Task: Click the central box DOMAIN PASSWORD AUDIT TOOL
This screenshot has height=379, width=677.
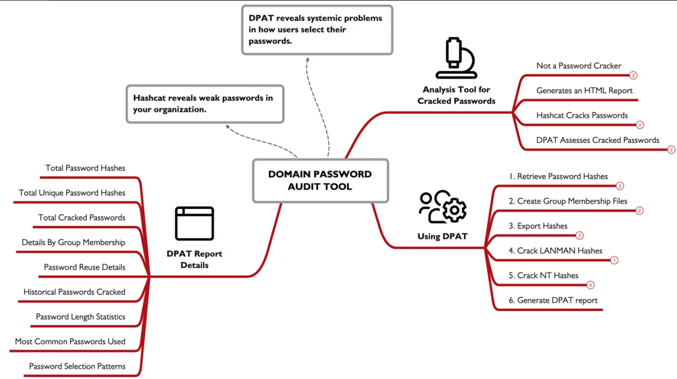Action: coord(321,180)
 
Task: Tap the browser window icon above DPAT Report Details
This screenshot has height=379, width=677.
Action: coord(194,224)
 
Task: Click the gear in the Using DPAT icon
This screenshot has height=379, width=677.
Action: coord(454,210)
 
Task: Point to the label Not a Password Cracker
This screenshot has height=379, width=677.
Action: coord(579,65)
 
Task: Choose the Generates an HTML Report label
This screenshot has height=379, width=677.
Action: coord(584,90)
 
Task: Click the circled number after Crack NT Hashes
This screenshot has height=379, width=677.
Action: coord(590,285)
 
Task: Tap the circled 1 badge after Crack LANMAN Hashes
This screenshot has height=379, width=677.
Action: coord(614,260)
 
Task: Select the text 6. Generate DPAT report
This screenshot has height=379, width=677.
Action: coord(553,300)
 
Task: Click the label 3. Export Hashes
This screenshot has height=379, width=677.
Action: coord(538,226)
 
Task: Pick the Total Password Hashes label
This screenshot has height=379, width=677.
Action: coord(85,168)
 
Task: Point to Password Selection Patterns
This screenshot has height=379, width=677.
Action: coord(77,366)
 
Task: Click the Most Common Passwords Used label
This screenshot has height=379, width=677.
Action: coord(70,341)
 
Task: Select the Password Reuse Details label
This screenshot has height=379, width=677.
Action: coord(84,267)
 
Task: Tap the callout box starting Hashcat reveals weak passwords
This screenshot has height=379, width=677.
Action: coord(205,104)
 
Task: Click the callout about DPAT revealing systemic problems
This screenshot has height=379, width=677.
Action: coord(317,30)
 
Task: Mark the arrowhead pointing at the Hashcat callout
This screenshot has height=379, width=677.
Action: coord(228,127)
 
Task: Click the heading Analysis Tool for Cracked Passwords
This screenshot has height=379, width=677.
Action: coord(456,95)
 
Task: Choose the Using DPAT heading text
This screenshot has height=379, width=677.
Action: coord(442,236)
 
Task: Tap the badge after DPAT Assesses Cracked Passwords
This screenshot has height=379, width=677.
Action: coord(671,150)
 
